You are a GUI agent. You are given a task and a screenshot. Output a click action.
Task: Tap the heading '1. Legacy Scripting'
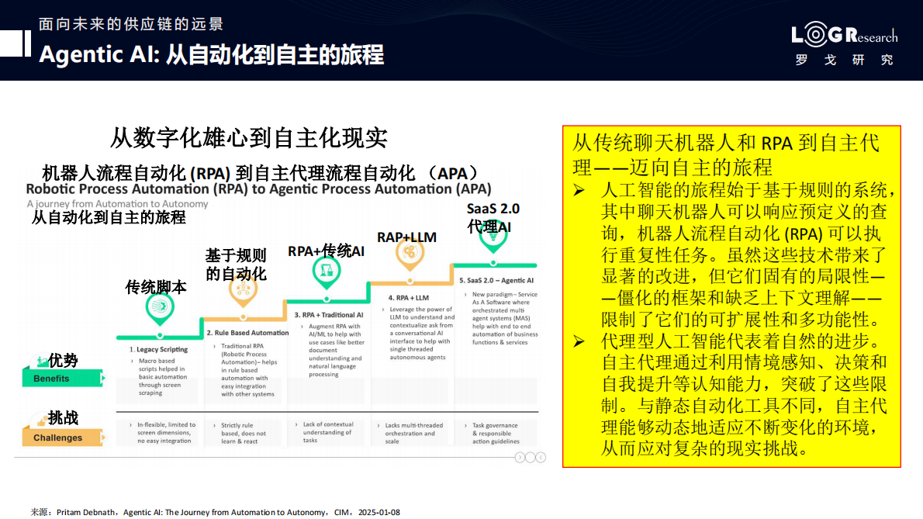click(x=158, y=350)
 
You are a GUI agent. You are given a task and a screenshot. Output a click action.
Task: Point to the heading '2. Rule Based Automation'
click(x=247, y=333)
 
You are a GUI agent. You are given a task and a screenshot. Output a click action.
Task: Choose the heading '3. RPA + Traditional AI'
click(x=329, y=315)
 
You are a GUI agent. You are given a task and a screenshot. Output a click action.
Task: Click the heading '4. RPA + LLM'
click(x=409, y=298)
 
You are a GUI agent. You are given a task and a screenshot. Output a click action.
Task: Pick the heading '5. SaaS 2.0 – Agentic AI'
click(x=496, y=280)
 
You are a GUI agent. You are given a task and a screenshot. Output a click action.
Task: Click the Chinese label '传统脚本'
click(x=156, y=287)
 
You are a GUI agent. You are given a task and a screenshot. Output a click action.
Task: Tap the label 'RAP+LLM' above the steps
click(x=406, y=237)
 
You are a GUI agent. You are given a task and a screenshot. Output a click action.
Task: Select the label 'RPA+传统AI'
click(x=326, y=251)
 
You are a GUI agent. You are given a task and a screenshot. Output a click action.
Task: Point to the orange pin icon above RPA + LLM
click(x=407, y=254)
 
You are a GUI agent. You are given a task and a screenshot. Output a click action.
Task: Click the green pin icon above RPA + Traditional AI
click(x=326, y=272)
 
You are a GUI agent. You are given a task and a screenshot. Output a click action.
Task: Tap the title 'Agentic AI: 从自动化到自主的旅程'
click(x=211, y=55)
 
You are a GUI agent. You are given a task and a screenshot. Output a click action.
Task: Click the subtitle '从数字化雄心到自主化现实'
click(x=248, y=138)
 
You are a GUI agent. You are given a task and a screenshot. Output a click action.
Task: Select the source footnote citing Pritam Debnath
click(x=215, y=512)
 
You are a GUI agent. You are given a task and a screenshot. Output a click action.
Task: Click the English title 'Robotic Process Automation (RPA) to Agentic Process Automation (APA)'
click(x=258, y=189)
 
